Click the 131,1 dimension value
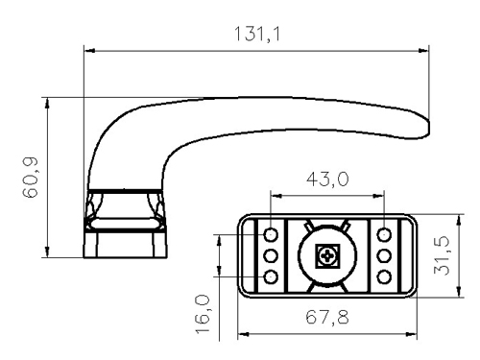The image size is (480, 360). (x=257, y=35)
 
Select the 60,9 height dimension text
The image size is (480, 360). (x=31, y=178)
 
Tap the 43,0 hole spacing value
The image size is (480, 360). (x=327, y=179)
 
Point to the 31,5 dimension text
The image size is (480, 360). (x=442, y=256)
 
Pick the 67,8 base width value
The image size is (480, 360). (x=327, y=318)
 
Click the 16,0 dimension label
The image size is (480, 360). (x=203, y=315)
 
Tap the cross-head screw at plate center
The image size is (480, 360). (x=327, y=256)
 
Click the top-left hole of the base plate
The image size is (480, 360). (x=271, y=235)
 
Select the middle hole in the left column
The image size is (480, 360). (x=271, y=256)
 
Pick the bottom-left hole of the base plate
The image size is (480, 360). (x=271, y=276)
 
